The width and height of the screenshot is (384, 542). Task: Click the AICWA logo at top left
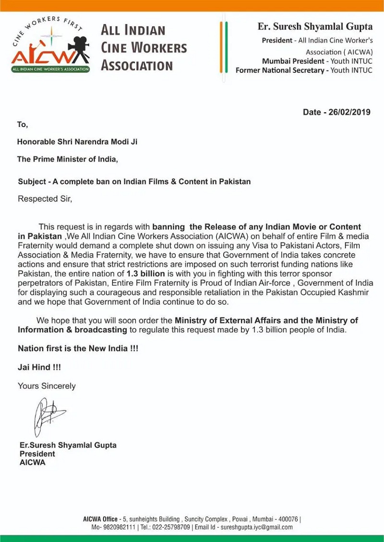tap(50, 45)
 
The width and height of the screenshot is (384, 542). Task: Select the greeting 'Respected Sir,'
tap(45, 198)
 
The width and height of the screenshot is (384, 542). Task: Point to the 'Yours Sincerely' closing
tap(47, 385)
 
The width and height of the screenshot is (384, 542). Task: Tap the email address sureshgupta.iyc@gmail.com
tap(255, 527)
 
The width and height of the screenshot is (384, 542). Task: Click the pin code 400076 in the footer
tap(287, 519)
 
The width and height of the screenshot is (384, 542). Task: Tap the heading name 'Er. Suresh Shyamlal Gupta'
tap(315, 26)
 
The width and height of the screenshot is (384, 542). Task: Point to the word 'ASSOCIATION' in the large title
tap(137, 66)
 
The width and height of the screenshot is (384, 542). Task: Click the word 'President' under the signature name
tap(37, 453)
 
